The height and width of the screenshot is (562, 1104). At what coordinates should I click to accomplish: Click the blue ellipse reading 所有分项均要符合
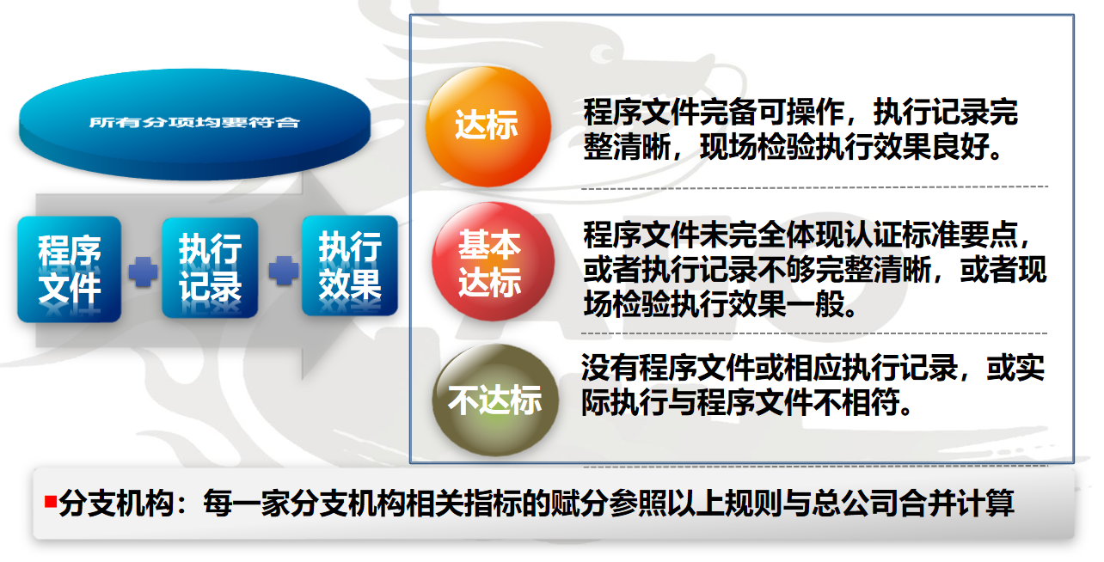click(x=194, y=124)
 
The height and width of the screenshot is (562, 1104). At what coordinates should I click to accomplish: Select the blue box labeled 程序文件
click(x=69, y=269)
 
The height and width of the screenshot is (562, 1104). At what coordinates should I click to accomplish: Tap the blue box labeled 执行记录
click(x=210, y=267)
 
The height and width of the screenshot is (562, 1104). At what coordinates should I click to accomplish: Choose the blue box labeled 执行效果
click(x=350, y=266)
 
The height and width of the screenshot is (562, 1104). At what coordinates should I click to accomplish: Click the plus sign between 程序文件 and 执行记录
click(x=143, y=272)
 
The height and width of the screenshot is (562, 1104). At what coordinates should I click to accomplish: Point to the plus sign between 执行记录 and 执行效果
click(x=284, y=271)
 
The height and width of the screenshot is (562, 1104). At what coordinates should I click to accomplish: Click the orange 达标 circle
click(x=488, y=126)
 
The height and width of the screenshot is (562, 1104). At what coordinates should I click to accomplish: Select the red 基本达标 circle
click(x=493, y=261)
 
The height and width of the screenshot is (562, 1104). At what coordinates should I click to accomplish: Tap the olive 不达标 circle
click(x=495, y=400)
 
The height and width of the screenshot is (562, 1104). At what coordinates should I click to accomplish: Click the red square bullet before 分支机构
click(x=51, y=501)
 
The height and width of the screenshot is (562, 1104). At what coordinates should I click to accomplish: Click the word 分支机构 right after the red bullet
click(x=116, y=504)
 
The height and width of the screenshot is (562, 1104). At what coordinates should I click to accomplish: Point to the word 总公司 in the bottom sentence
click(x=856, y=504)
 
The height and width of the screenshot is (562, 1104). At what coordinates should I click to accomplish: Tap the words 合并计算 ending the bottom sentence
click(x=957, y=504)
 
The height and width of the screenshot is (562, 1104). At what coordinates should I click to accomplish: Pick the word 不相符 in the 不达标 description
click(x=856, y=402)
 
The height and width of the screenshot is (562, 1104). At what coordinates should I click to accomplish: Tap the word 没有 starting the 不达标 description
click(x=610, y=368)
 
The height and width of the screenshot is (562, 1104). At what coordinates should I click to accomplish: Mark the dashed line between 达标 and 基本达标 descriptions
click(x=815, y=187)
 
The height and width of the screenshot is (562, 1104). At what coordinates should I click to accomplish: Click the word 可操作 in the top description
click(x=800, y=112)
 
